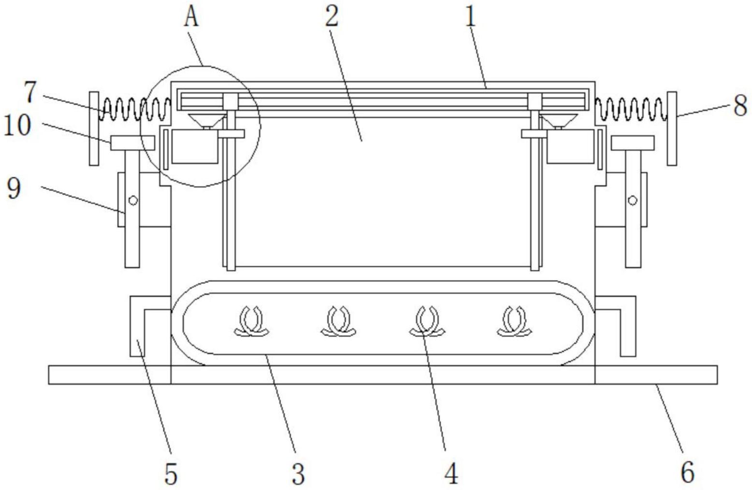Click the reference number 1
471,17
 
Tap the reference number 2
332,17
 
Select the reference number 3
298,474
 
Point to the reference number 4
451,474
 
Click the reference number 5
171,474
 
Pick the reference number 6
687,472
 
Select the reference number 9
14,188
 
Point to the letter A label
192,17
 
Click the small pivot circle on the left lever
133,200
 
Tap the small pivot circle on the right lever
633,200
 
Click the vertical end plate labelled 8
672,129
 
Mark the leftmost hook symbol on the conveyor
251,321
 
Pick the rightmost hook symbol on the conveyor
515,321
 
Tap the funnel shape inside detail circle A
207,120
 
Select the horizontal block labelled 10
133,143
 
